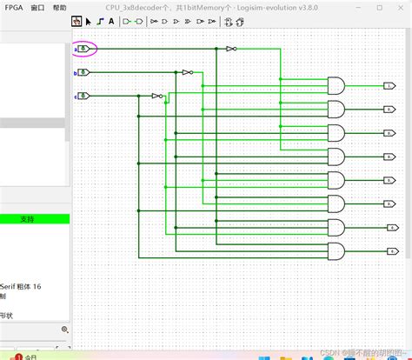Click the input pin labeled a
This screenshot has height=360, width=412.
point(83,49)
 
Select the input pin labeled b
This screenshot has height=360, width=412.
point(83,72)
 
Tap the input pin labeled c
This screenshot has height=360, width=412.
point(83,95)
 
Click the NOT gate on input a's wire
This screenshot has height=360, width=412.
point(230,49)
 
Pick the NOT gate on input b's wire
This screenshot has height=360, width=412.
point(186,72)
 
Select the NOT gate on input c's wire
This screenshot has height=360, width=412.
point(156,96)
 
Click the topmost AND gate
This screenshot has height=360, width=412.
point(336,85)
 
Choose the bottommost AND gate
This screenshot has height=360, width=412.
point(336,251)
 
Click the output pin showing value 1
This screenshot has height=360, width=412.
point(389,86)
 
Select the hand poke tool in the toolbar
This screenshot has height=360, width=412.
point(76,21)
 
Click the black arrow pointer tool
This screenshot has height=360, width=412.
point(88,21)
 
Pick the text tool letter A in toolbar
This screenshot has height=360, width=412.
point(111,21)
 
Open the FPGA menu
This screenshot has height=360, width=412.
point(14,6)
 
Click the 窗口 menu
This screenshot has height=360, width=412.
point(37,6)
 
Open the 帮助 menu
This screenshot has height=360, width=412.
point(59,6)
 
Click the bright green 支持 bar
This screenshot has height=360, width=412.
point(28,219)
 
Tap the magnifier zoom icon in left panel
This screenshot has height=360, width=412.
point(64,330)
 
